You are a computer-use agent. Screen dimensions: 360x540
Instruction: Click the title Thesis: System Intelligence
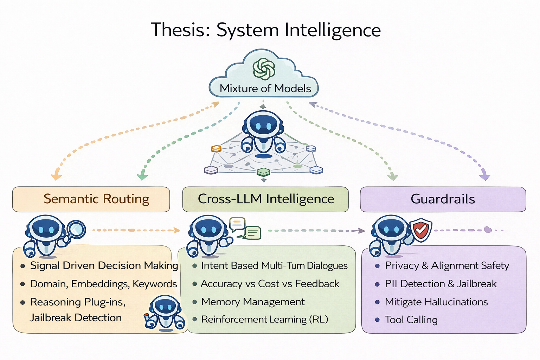click(x=266, y=30)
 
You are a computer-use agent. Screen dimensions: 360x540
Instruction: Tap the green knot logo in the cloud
click(x=264, y=69)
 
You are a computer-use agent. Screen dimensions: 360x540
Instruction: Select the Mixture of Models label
click(x=265, y=88)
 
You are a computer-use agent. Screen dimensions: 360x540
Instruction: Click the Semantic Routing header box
click(x=91, y=199)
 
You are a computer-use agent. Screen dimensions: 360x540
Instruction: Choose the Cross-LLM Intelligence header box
click(x=265, y=199)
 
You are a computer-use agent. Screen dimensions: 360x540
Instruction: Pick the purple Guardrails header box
click(x=443, y=199)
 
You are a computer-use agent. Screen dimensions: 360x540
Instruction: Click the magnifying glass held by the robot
click(x=76, y=230)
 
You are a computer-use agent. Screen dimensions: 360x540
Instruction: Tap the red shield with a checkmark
click(x=421, y=230)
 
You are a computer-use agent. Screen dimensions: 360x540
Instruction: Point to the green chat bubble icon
click(x=253, y=233)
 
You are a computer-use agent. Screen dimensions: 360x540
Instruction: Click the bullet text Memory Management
click(x=253, y=302)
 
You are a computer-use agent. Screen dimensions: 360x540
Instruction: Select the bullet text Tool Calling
click(x=411, y=320)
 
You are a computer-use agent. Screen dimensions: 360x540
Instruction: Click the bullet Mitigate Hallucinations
click(x=436, y=302)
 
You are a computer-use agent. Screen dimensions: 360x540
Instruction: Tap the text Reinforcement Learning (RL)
click(x=264, y=319)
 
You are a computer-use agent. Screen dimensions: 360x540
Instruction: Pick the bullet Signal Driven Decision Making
click(x=104, y=265)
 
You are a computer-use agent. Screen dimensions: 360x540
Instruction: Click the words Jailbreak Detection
click(x=76, y=317)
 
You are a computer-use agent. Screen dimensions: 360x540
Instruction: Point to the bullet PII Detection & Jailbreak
click(x=441, y=284)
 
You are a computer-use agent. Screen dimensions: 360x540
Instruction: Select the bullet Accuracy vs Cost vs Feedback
click(x=270, y=284)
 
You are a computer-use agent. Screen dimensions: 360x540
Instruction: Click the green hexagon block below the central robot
click(x=263, y=172)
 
